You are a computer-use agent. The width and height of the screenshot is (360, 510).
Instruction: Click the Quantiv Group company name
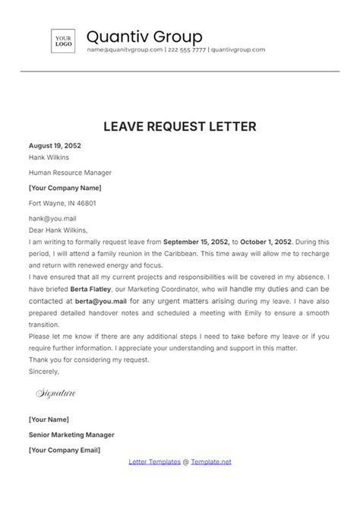pyautogui.click(x=144, y=36)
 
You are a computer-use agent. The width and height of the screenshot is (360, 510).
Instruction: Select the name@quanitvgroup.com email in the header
pyautogui.click(x=125, y=50)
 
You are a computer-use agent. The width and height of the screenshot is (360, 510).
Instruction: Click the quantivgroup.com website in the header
pyautogui.click(x=238, y=50)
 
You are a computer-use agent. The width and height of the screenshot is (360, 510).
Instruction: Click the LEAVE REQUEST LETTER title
pyautogui.click(x=180, y=126)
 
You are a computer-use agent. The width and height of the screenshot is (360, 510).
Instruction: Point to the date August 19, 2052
pyautogui.click(x=55, y=145)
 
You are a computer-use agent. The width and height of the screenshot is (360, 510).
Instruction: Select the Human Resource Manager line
pyautogui.click(x=65, y=173)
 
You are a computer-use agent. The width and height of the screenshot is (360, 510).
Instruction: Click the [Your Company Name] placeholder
pyautogui.click(x=65, y=188)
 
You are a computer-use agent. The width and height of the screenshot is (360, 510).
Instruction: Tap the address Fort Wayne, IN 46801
pyautogui.click(x=62, y=203)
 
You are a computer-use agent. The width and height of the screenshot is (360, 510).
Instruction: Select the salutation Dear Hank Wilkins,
pyautogui.click(x=58, y=229)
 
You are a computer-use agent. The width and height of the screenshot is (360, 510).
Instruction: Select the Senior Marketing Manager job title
pyautogui.click(x=71, y=435)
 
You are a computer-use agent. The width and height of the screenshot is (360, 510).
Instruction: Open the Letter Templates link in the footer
pyautogui.click(x=156, y=461)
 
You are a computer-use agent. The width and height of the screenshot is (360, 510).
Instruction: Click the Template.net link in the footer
pyautogui.click(x=211, y=461)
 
